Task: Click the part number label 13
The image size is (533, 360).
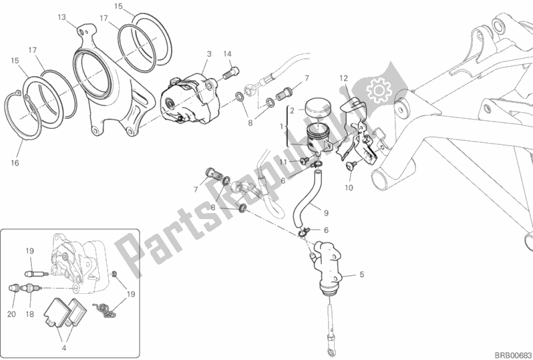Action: point(61,17)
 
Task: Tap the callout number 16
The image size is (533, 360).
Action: point(15,162)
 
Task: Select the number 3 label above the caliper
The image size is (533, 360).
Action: point(209,53)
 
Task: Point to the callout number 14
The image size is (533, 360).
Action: point(227,53)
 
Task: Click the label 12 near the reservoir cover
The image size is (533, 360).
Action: point(343,79)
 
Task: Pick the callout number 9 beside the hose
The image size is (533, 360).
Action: point(326,214)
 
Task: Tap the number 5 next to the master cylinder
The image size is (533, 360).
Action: point(362,275)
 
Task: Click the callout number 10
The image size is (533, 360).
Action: point(349,188)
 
